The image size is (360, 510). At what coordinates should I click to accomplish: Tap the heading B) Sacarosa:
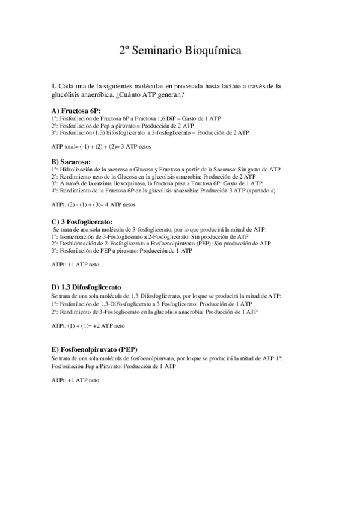click(72, 162)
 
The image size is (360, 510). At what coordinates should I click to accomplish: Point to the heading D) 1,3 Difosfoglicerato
click(87, 288)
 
